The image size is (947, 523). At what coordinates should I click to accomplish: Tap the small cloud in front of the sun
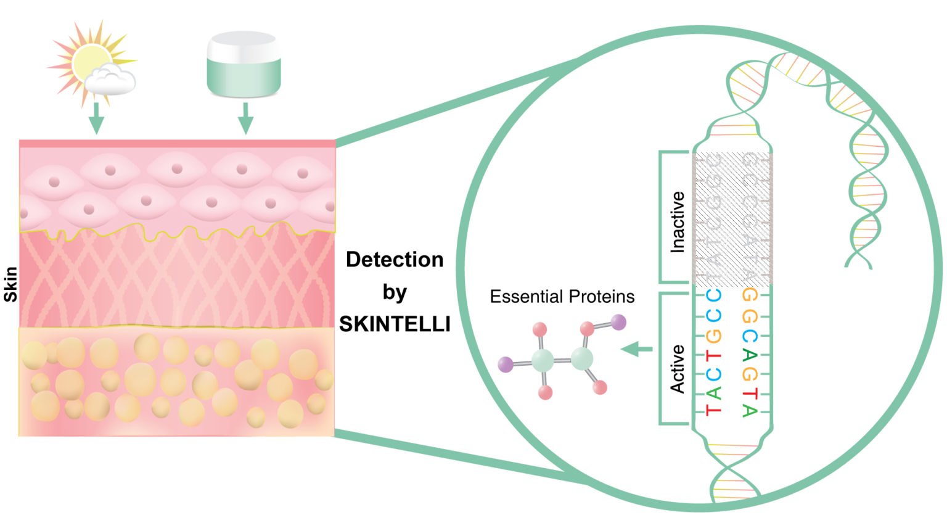click(111, 81)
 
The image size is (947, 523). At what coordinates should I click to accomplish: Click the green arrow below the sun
click(95, 118)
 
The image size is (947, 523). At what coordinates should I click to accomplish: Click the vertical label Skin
click(10, 284)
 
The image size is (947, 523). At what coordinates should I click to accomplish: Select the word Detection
click(394, 260)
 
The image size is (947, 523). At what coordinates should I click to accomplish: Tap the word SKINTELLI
click(395, 324)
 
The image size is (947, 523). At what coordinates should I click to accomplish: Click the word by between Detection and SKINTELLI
click(395, 292)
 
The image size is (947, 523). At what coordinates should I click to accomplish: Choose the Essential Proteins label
click(562, 297)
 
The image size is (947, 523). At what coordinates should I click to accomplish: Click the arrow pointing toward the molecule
click(637, 350)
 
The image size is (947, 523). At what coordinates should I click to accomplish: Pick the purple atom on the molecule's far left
click(506, 364)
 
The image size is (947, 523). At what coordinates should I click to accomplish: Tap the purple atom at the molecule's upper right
click(618, 322)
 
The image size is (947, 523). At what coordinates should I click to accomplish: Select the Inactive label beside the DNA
click(678, 222)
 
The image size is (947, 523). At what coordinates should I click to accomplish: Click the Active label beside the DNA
click(678, 369)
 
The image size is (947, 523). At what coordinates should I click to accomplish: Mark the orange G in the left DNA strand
click(713, 336)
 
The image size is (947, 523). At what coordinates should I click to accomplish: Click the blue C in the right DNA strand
click(749, 336)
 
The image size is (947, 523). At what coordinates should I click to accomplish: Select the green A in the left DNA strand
click(713, 393)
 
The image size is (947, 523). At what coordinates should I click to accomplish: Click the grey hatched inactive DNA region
click(732, 220)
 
